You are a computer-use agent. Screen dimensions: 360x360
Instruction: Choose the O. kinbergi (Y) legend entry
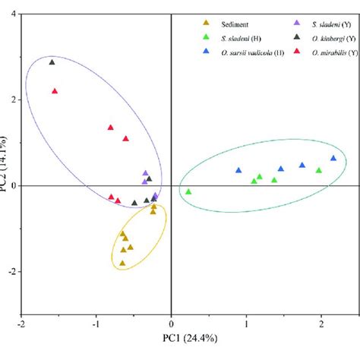click(315, 38)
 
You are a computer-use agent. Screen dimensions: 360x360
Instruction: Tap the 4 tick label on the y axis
click(13, 14)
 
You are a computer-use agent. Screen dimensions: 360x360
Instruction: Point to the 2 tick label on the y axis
click(13, 99)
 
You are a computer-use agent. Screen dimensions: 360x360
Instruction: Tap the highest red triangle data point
click(55, 91)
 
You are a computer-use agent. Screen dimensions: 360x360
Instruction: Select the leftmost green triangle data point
click(188, 192)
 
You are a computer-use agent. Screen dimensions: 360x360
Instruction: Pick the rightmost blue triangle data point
click(333, 158)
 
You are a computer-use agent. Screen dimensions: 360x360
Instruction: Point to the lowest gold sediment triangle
click(122, 264)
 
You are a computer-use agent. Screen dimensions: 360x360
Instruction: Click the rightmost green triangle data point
click(319, 171)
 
